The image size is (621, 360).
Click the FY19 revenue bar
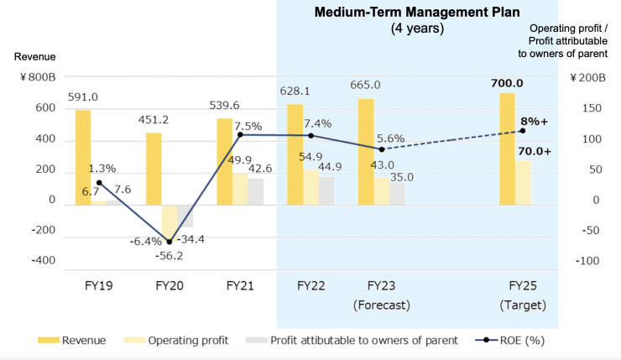83,157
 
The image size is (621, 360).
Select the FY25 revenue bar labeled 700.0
507,148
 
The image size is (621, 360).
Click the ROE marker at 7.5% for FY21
240,134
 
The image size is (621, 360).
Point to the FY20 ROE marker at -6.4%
170,242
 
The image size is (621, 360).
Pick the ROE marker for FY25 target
522,131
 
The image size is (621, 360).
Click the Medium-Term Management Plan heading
417,13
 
